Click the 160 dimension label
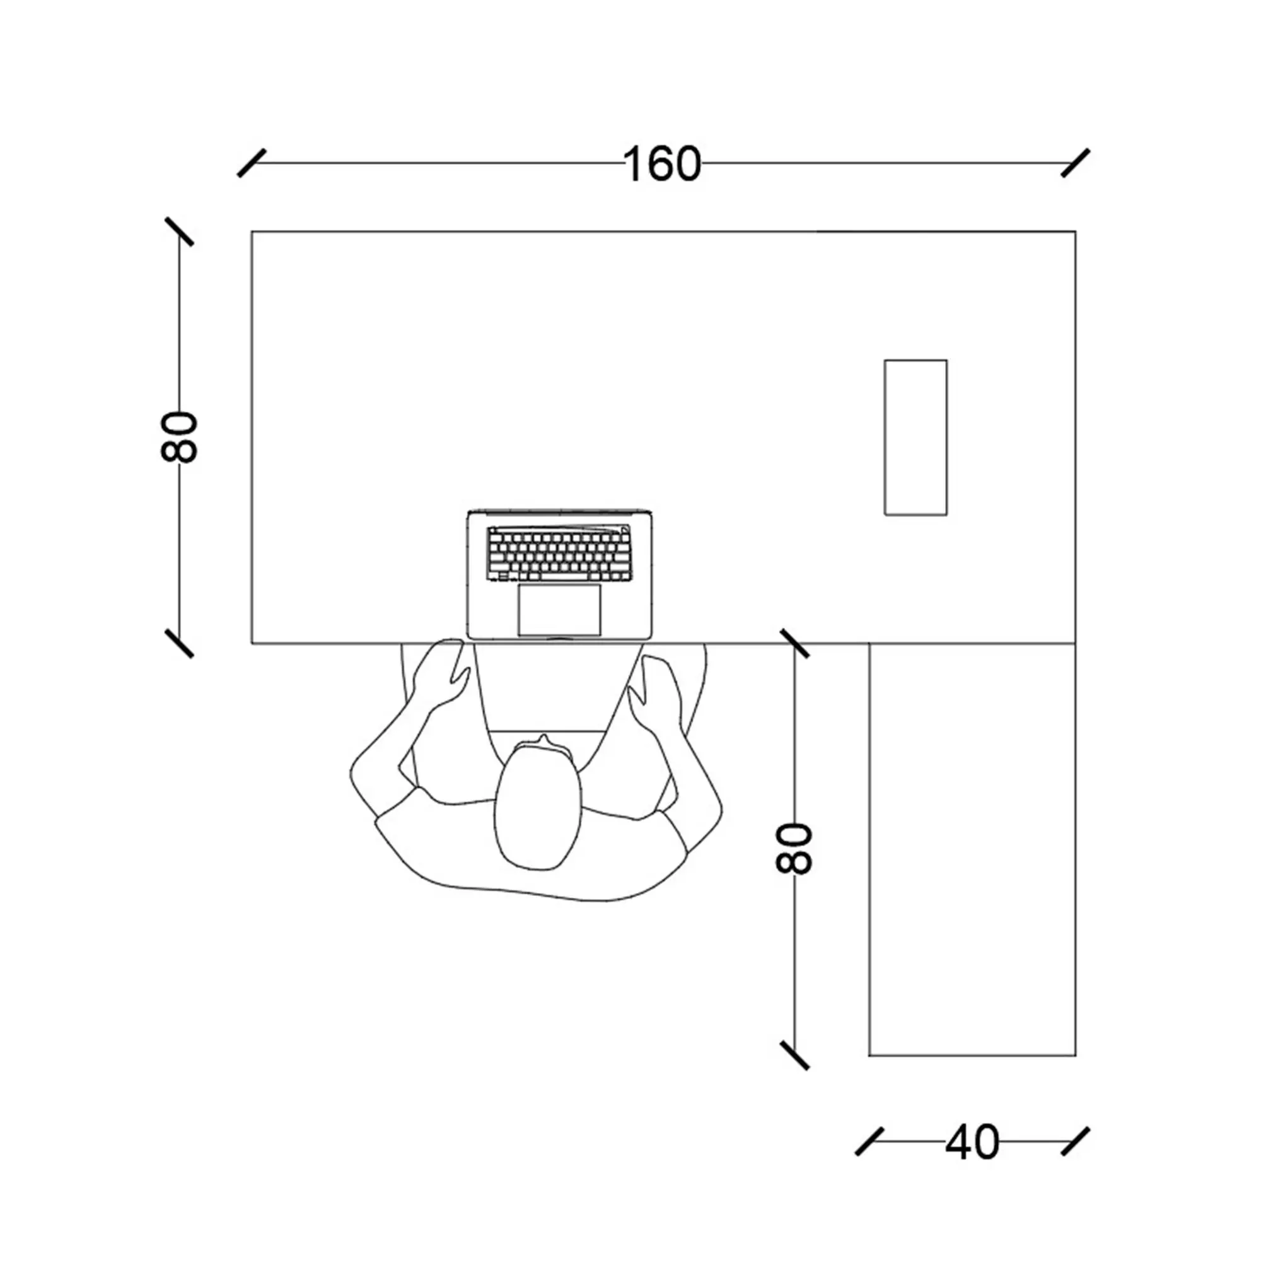(x=663, y=164)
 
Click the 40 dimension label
(x=972, y=1142)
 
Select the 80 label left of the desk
(x=179, y=437)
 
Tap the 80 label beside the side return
(x=794, y=848)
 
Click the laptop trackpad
(x=559, y=610)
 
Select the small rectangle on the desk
(x=915, y=438)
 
